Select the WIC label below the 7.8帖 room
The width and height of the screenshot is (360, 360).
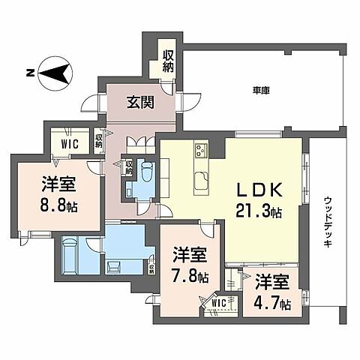click(x=218, y=303)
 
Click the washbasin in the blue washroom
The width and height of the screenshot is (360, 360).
click(x=114, y=264)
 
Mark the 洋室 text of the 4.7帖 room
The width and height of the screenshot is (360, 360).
click(x=270, y=283)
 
